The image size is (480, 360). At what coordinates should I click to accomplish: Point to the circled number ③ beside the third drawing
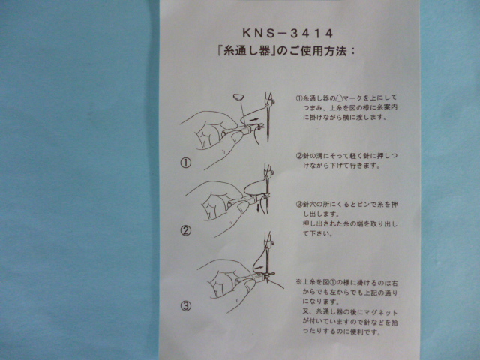pyautogui.click(x=186, y=305)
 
